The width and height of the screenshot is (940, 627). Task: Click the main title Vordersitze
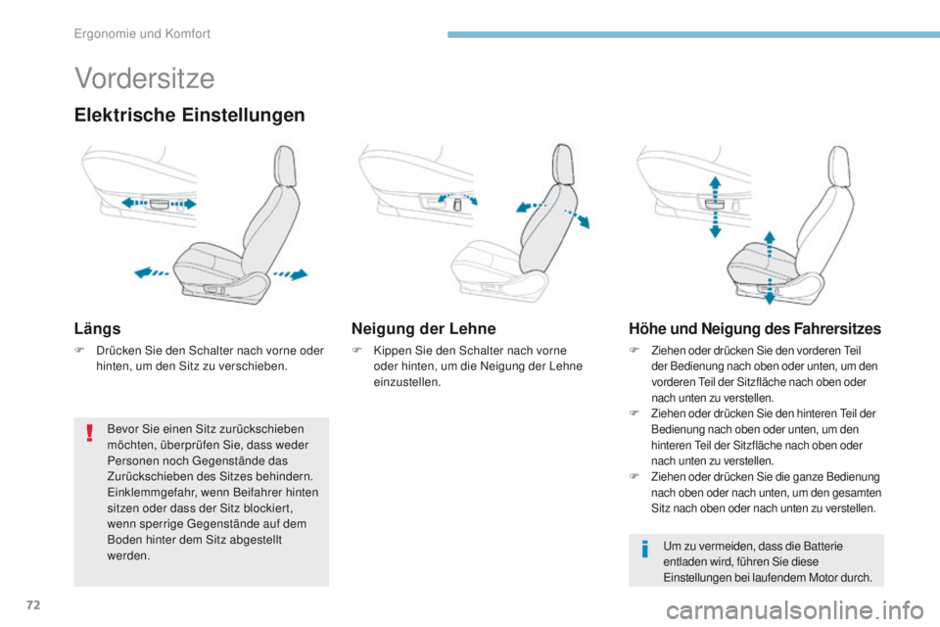[144, 77]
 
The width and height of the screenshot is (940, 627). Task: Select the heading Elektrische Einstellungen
[189, 116]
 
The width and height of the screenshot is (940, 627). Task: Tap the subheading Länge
[98, 329]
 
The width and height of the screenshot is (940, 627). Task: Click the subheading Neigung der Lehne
[423, 329]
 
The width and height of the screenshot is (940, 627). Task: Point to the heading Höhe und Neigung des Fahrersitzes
[754, 329]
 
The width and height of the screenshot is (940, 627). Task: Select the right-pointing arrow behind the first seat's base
[293, 272]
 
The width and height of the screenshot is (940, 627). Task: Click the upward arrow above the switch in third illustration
[715, 186]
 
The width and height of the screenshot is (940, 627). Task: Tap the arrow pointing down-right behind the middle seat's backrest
[584, 218]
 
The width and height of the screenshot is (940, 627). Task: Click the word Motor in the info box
[827, 577]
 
